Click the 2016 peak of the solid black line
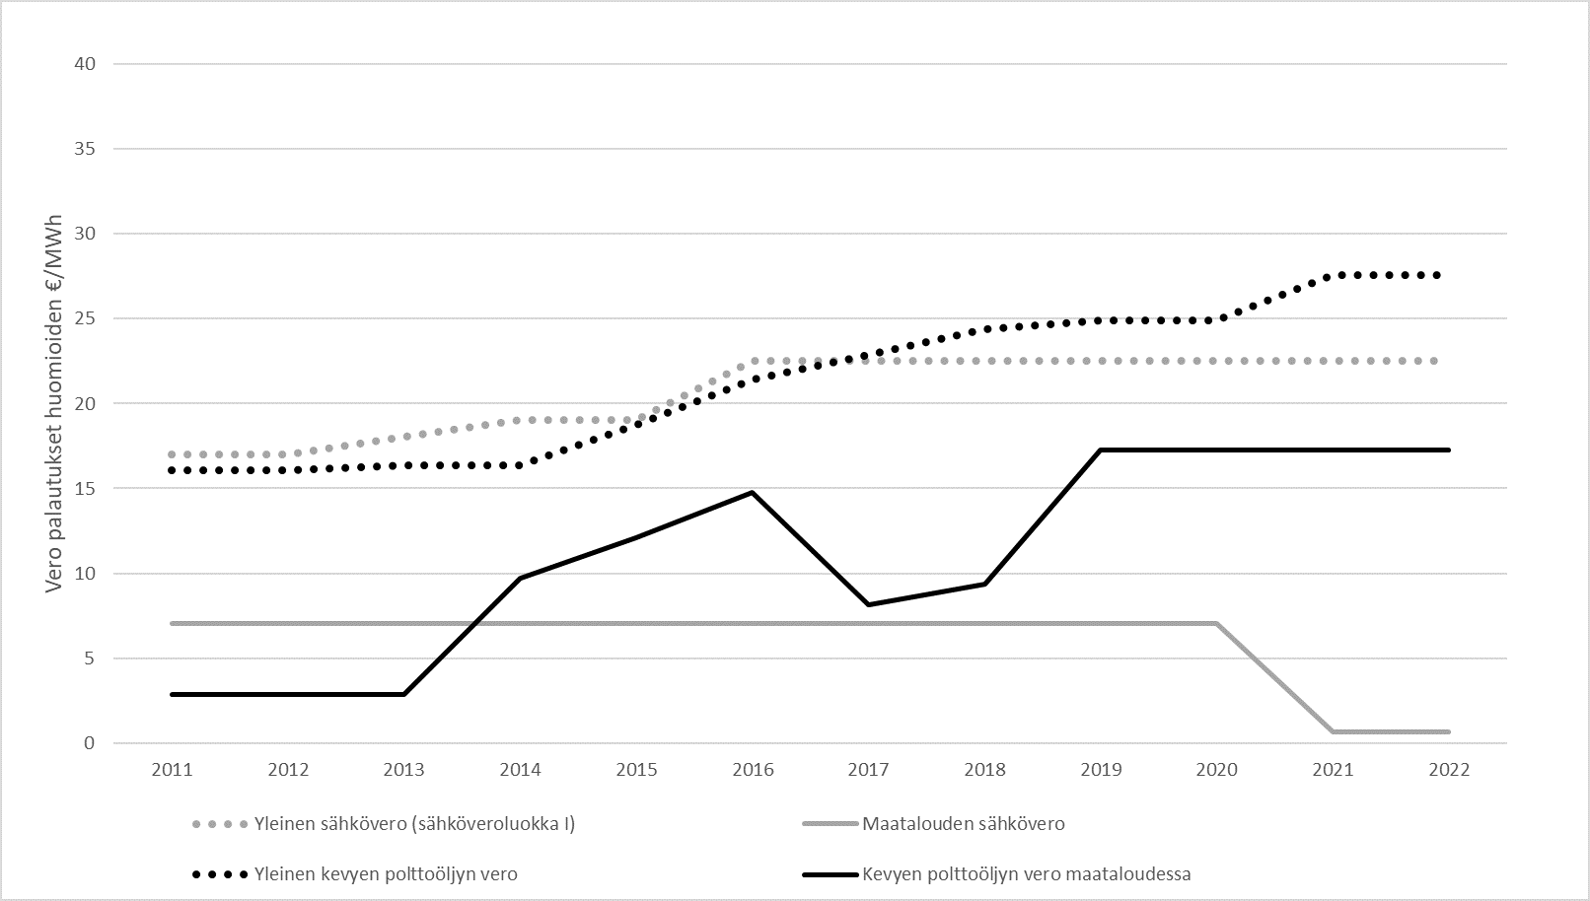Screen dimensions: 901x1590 coord(753,492)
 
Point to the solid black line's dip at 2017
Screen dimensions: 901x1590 coord(868,604)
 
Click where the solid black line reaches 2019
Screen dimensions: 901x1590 coord(1101,450)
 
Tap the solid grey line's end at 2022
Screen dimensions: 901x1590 coord(1449,731)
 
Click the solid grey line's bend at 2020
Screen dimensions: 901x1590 coord(1216,623)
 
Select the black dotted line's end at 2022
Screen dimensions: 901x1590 coord(1449,275)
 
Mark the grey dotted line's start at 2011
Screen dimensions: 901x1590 coord(172,454)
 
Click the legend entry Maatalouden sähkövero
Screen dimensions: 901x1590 coord(963,823)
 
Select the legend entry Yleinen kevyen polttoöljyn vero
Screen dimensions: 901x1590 coord(386,873)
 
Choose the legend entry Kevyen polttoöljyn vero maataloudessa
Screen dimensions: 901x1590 coord(1026,873)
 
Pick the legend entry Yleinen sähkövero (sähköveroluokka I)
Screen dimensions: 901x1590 coord(414,823)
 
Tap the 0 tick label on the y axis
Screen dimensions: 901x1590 coord(90,743)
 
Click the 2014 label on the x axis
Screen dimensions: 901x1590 coord(520,770)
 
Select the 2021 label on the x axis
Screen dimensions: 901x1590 coord(1333,770)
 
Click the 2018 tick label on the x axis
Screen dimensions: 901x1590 coord(984,770)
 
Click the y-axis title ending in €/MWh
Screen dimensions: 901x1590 coord(56,402)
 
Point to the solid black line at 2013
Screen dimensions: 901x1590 coord(403,694)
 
